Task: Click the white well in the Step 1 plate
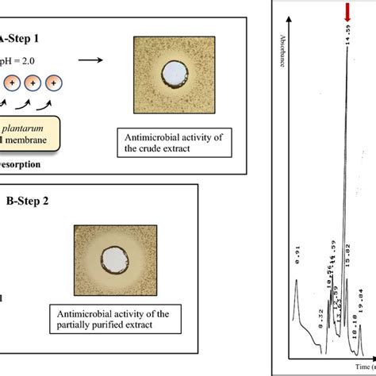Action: (171, 75)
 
